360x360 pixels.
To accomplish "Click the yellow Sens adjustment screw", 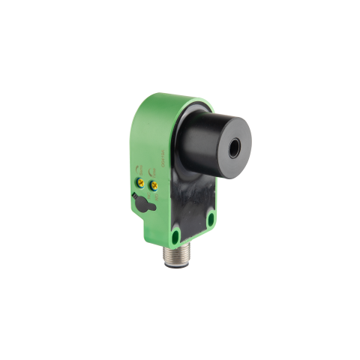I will click(140, 181).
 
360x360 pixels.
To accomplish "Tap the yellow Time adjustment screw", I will click(154, 184).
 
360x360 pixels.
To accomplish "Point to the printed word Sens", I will click(139, 171).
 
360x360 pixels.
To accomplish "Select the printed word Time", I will click(154, 174).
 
